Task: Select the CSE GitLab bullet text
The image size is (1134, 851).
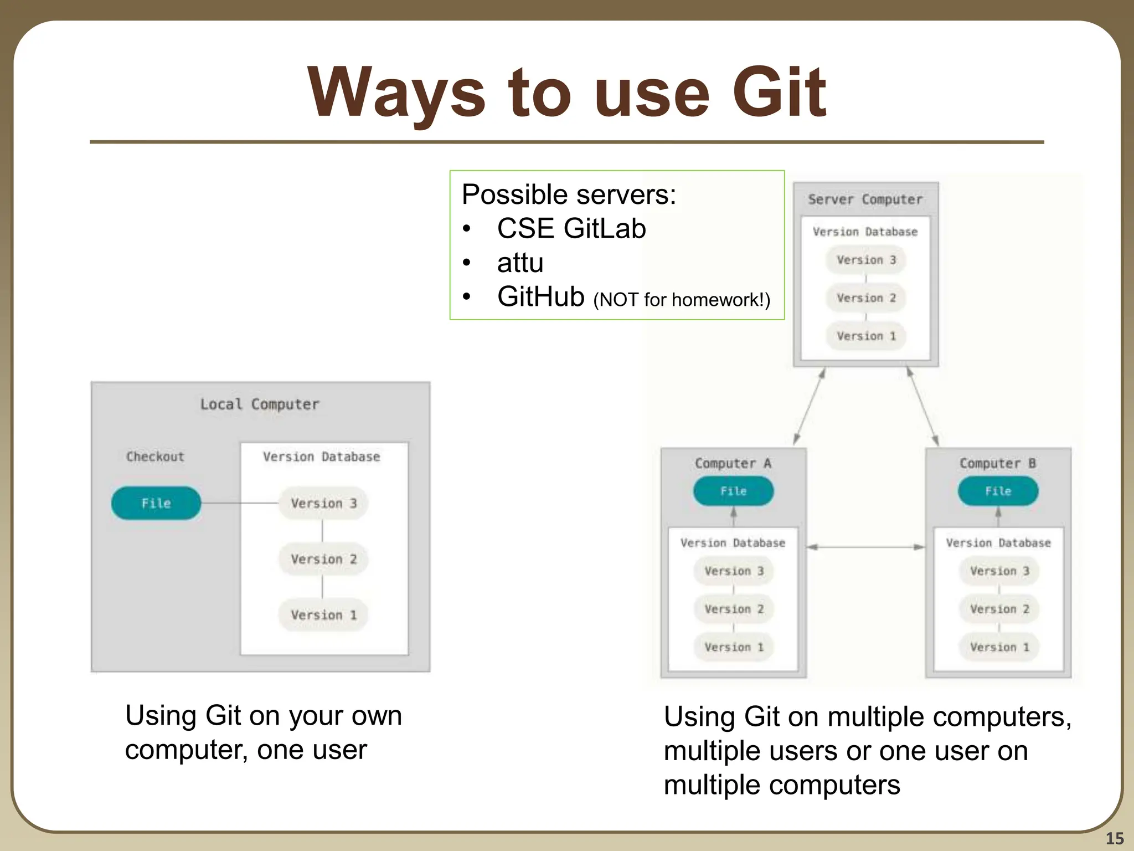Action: [571, 228]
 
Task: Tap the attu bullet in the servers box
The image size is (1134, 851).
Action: [520, 263]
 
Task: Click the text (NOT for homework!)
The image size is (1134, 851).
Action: [682, 300]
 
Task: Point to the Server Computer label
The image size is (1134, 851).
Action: [865, 199]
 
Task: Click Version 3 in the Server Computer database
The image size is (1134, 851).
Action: [865, 260]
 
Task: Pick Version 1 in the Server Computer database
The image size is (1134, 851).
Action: [865, 336]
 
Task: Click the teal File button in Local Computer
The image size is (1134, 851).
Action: [156, 503]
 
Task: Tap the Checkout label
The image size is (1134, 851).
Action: [155, 457]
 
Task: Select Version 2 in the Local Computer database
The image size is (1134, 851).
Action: [323, 559]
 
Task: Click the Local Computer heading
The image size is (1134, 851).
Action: [260, 404]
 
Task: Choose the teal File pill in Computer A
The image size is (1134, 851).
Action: [733, 491]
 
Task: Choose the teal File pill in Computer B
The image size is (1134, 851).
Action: [998, 491]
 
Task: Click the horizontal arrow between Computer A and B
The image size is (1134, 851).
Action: [865, 547]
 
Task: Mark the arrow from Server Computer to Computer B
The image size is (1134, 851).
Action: [922, 407]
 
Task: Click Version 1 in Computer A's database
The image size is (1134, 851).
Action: [734, 647]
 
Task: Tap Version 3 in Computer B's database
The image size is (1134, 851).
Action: [999, 571]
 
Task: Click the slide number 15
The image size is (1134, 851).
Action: [1114, 838]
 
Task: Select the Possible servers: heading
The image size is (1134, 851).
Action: [569, 194]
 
